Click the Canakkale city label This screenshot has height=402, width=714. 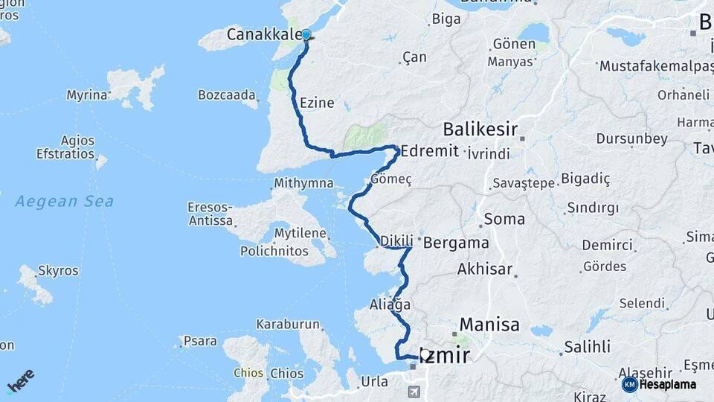pos(264,34)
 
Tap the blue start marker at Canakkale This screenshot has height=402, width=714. pos(306,35)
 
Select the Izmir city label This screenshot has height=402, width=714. pos(445,356)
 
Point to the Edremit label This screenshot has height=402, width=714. pos(429,150)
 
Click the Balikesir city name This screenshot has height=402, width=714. pos(480,130)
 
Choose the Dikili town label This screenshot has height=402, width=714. pos(396,241)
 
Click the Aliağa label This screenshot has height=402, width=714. pos(390,304)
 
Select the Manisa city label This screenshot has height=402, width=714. pos(489,325)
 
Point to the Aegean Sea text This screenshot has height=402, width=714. pos(65,201)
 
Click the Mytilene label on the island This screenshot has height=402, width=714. pos(300,234)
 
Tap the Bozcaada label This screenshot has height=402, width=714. pos(227,95)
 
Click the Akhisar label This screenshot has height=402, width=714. pos(485,269)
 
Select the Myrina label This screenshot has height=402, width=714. pos(87,95)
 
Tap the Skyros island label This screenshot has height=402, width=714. pos(58,270)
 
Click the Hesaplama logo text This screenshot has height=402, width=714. pos(667,384)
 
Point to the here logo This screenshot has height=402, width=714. pos(20,381)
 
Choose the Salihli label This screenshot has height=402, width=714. pos(587,347)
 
